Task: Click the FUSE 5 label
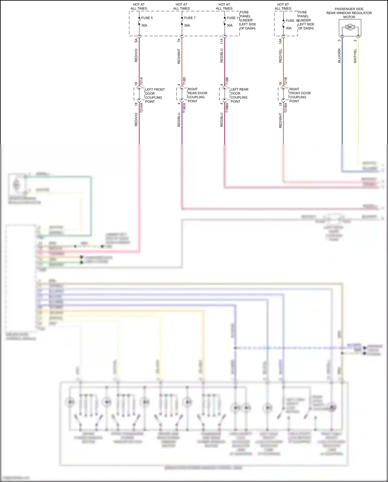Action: pyautogui.click(x=147, y=18)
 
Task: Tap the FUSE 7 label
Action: pyautogui.click(x=190, y=18)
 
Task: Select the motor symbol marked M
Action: pyautogui.click(x=350, y=27)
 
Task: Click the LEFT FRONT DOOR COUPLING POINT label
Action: pyautogui.click(x=154, y=95)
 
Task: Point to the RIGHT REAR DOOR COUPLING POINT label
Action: pyautogui.click(x=197, y=95)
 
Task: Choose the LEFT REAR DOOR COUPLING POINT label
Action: pyautogui.click(x=239, y=95)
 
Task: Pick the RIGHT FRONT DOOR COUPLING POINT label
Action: pyautogui.click(x=300, y=95)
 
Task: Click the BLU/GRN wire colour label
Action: pyautogui.click(x=339, y=56)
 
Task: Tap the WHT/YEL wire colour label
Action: pyautogui.click(x=355, y=56)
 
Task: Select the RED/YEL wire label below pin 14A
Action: pyautogui.click(x=280, y=56)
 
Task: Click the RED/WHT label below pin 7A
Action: pyautogui.click(x=179, y=56)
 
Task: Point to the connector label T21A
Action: pyautogui.click(x=141, y=81)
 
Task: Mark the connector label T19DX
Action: pyautogui.click(x=184, y=107)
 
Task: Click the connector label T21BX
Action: pyautogui.click(x=286, y=107)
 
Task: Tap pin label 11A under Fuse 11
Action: pyautogui.click(x=221, y=41)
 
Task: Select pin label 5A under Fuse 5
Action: pyautogui.click(x=136, y=41)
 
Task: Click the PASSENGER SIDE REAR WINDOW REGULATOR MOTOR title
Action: pyautogui.click(x=349, y=13)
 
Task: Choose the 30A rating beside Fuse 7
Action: pyautogui.click(x=187, y=25)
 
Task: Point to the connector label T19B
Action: pyautogui.click(x=227, y=81)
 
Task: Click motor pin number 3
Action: pyautogui.click(x=339, y=40)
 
